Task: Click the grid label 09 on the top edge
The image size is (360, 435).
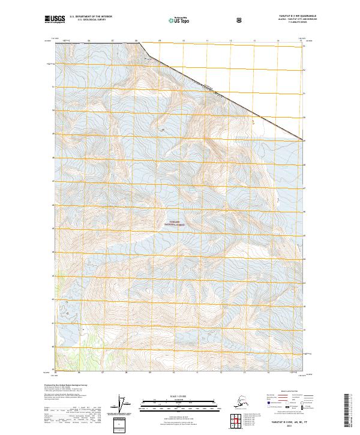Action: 160,41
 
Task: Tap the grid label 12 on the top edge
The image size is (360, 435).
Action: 230,41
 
